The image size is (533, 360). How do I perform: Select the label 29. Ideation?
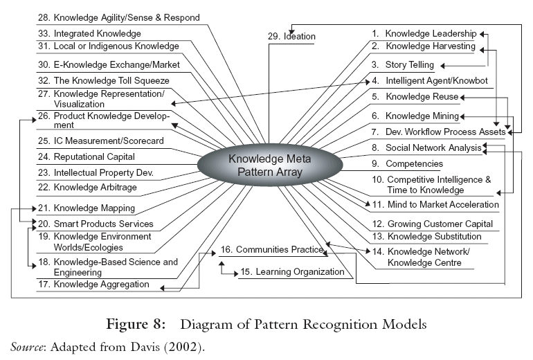click(291, 37)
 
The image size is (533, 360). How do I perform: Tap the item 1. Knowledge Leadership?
click(424, 33)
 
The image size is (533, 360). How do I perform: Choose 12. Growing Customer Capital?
click(432, 224)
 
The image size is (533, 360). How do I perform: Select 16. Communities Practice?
click(272, 249)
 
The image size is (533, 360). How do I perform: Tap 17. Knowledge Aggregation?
click(92, 284)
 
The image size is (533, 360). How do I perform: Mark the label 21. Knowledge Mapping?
click(86, 208)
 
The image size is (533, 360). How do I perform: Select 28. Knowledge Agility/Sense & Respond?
click(118, 17)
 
